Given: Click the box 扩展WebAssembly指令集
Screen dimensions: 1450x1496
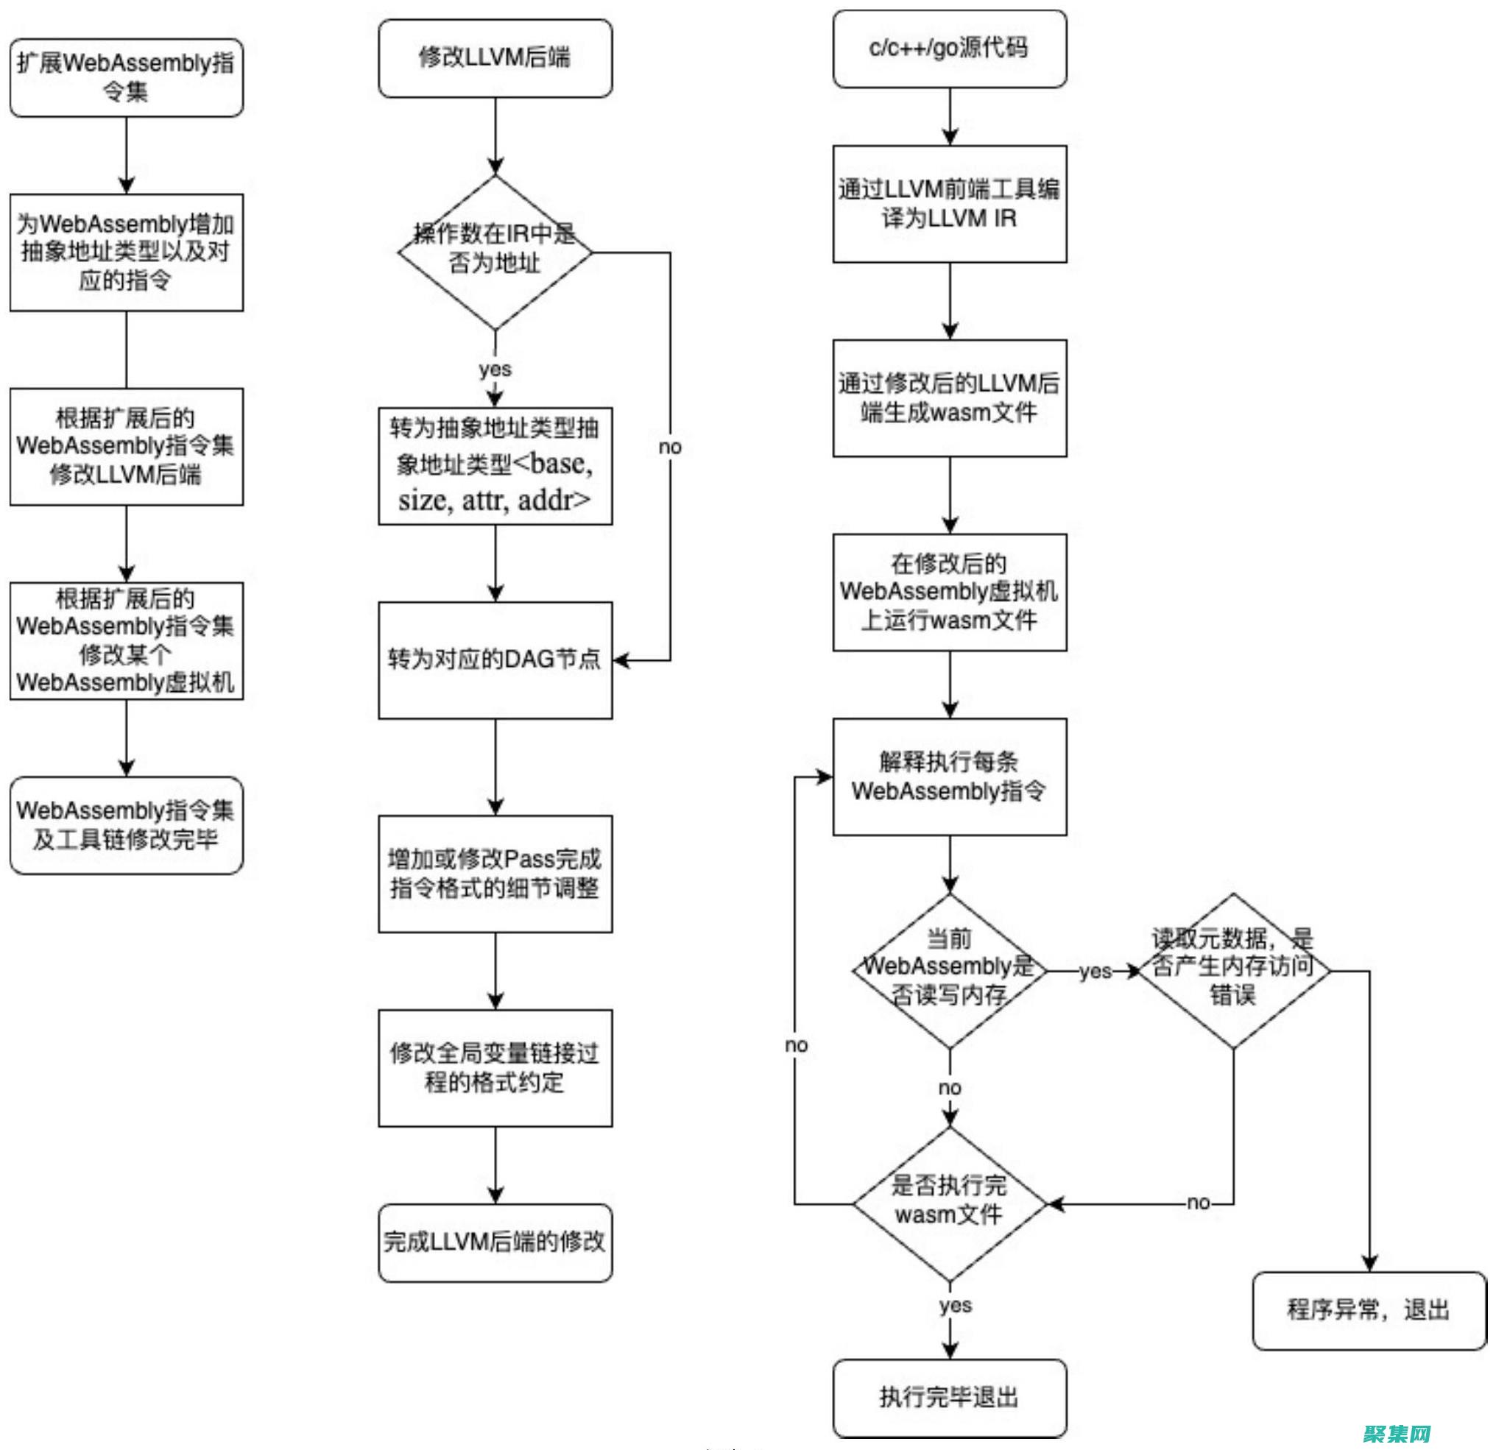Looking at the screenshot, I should pos(126,77).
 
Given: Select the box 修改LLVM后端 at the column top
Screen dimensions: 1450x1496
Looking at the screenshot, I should pos(495,58).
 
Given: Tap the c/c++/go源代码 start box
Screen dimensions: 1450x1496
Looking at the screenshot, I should pos(949,48).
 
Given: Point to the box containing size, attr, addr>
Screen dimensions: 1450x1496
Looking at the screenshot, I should pos(495,465).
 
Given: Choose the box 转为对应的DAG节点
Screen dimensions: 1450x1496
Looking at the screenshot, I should pos(495,659).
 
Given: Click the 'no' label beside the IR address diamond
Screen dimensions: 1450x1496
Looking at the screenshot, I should pos(669,447).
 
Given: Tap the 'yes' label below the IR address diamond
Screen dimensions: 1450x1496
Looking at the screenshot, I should pos(495,369).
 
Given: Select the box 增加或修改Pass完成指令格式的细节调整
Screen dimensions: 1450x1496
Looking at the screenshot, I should pos(495,873).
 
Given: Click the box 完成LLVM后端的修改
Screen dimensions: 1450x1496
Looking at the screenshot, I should pos(495,1242).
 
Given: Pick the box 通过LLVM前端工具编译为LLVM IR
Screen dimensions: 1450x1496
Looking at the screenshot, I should pos(949,204).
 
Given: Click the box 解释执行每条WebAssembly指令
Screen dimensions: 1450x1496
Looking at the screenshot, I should pos(949,776).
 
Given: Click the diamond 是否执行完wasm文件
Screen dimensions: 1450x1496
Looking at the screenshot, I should pos(949,1203).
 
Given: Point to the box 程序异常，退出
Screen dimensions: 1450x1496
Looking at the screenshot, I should pos(1369,1310).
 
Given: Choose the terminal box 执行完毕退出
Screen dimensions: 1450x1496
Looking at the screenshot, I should pos(949,1397).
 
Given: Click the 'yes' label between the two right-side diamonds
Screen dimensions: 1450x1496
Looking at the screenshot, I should pos(1095,971).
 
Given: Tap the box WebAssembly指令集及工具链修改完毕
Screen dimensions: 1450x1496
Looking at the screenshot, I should pos(126,824).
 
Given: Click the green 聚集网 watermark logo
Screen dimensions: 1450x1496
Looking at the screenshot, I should pos(1397,1432).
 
